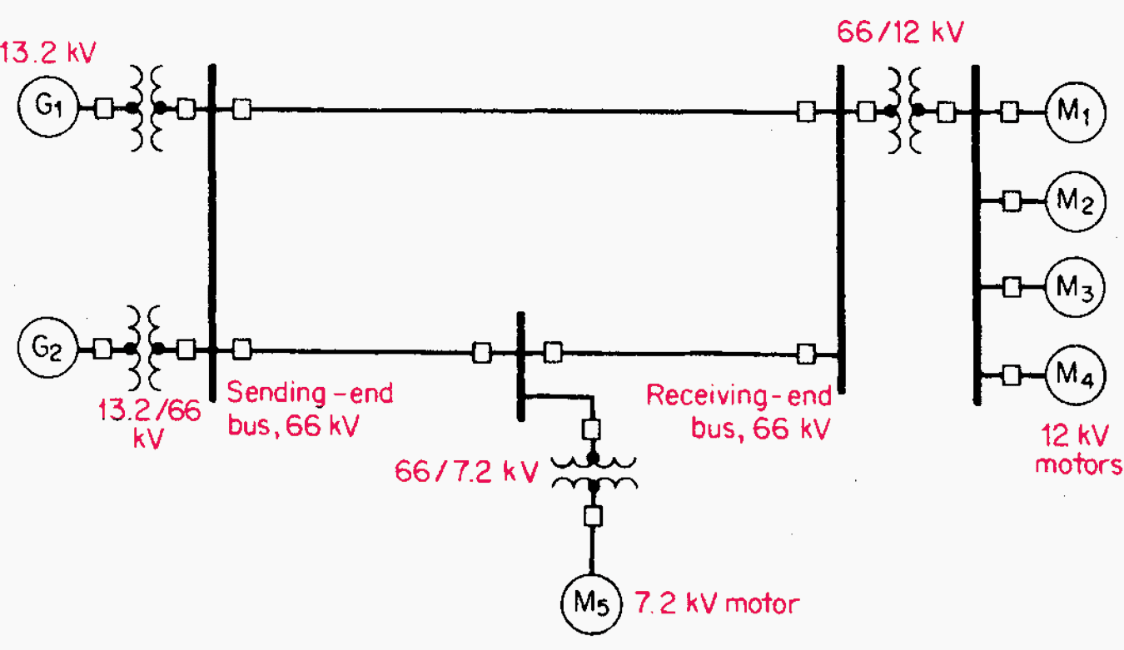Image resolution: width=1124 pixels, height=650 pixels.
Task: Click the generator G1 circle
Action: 47,107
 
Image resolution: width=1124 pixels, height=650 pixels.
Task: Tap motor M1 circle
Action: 1075,112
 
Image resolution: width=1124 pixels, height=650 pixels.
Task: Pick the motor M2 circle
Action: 1075,201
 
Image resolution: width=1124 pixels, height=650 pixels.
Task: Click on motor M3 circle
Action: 1075,287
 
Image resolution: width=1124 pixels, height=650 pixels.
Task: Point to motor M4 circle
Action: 1075,375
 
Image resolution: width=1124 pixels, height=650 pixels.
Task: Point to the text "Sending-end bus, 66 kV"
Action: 310,409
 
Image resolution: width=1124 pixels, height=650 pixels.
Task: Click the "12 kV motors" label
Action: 1077,449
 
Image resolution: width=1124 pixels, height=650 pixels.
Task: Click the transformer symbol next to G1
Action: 145,108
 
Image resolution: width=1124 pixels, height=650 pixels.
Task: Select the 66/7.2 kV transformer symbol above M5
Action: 592,471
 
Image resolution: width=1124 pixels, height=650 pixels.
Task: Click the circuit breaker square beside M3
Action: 1011,287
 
